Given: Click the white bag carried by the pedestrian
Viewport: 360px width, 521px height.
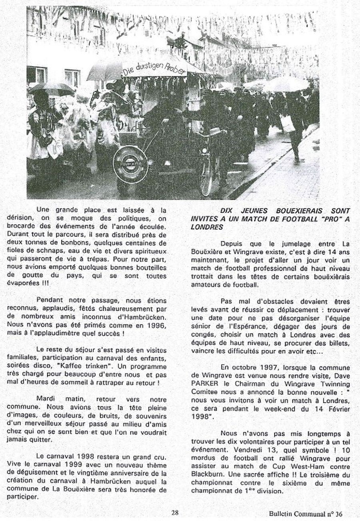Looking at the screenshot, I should (x=287, y=123).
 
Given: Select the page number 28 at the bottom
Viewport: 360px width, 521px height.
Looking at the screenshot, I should (x=175, y=512).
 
